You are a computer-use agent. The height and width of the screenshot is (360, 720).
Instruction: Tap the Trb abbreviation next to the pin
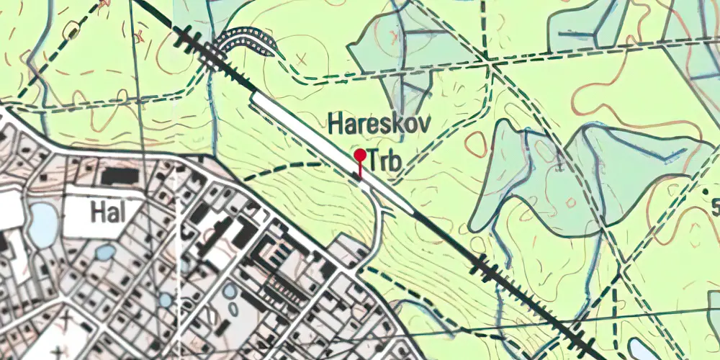384,161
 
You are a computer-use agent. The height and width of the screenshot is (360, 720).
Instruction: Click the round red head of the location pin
359,154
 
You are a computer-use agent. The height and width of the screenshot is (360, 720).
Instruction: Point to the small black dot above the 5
716,189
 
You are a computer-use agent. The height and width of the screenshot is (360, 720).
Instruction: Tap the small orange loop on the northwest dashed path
72,31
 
